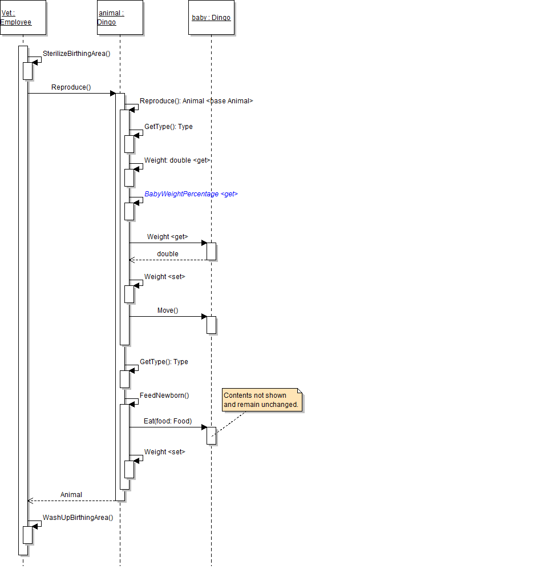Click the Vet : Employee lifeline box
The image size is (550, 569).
point(23,18)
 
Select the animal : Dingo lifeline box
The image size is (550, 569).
point(120,18)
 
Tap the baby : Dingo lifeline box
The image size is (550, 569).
point(212,18)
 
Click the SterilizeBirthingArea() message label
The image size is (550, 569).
point(76,54)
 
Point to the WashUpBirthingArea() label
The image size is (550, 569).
point(78,518)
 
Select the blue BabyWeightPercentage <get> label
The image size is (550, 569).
point(191,194)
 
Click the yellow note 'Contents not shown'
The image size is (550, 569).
point(262,400)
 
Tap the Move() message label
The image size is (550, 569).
point(168,310)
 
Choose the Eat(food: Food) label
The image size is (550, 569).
point(168,421)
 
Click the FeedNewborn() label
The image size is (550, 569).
point(164,395)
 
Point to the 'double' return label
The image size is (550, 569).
point(168,253)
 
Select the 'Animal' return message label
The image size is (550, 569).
point(71,495)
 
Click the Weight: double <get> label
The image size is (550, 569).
point(177,160)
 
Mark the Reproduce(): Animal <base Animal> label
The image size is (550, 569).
point(196,101)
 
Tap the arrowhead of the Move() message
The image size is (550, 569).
point(204,316)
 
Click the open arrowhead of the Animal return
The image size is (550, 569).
point(30,501)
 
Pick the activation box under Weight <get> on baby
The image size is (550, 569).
point(212,252)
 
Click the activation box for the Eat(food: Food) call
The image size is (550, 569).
point(212,436)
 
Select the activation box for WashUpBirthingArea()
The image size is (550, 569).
point(27,535)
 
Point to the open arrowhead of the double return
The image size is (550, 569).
point(132,260)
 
